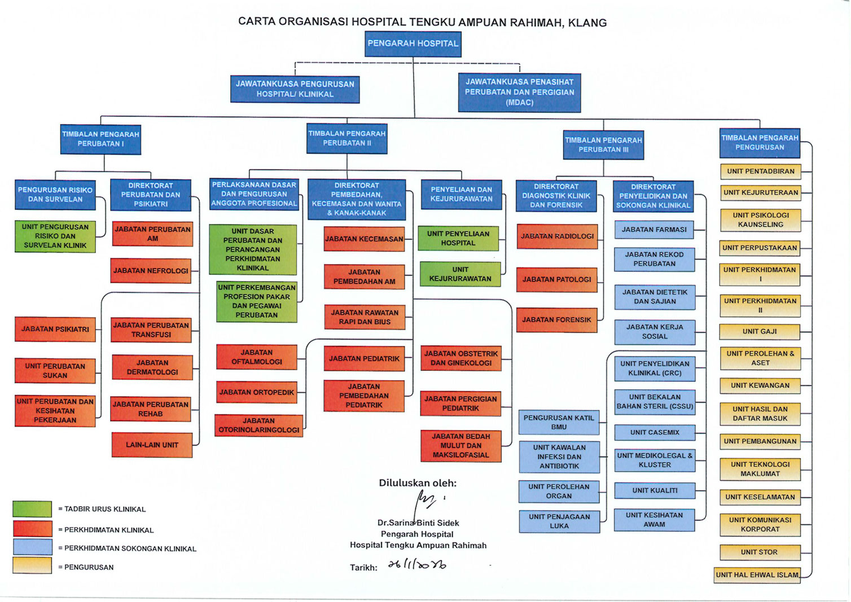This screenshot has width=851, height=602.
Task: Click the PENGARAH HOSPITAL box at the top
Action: point(413,43)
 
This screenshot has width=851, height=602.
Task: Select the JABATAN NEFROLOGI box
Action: point(151,271)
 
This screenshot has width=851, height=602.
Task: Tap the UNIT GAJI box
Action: point(760,332)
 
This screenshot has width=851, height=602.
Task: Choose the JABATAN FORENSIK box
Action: point(556,320)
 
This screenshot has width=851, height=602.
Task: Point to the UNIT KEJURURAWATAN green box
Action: point(460,274)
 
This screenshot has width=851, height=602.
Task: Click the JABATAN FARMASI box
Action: point(654,230)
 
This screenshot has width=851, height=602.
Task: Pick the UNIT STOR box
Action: point(760,552)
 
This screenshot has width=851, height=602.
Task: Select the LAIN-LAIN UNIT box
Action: point(152,445)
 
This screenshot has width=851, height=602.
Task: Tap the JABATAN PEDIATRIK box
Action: point(364,359)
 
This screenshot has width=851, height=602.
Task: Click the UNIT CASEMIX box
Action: point(655,433)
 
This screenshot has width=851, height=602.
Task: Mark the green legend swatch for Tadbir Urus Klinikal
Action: point(32,509)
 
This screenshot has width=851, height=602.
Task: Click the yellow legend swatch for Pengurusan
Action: point(32,566)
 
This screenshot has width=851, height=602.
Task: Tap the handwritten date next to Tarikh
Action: point(417,565)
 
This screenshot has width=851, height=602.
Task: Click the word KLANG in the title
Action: point(587,23)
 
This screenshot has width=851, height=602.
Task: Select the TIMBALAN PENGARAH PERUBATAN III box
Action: point(603,145)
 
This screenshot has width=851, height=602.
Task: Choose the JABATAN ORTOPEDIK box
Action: point(257,393)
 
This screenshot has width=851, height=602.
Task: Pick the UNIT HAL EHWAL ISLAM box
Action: point(757,575)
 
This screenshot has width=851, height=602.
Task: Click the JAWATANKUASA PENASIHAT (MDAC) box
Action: point(519,92)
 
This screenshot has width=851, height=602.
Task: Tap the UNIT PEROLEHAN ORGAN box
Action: point(559,491)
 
